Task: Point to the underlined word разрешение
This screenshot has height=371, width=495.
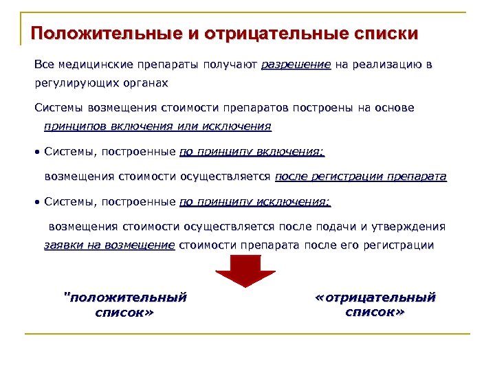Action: [296, 65]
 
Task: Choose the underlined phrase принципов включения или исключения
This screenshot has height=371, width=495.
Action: [157, 126]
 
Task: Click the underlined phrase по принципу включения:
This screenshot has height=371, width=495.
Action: [252, 152]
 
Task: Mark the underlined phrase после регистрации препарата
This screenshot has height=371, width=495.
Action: [360, 177]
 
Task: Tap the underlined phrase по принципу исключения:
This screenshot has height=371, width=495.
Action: [254, 202]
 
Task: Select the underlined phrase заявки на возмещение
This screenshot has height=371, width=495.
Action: [109, 245]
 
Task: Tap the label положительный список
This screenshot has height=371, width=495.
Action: [124, 304]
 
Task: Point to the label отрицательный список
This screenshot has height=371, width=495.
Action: [375, 304]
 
